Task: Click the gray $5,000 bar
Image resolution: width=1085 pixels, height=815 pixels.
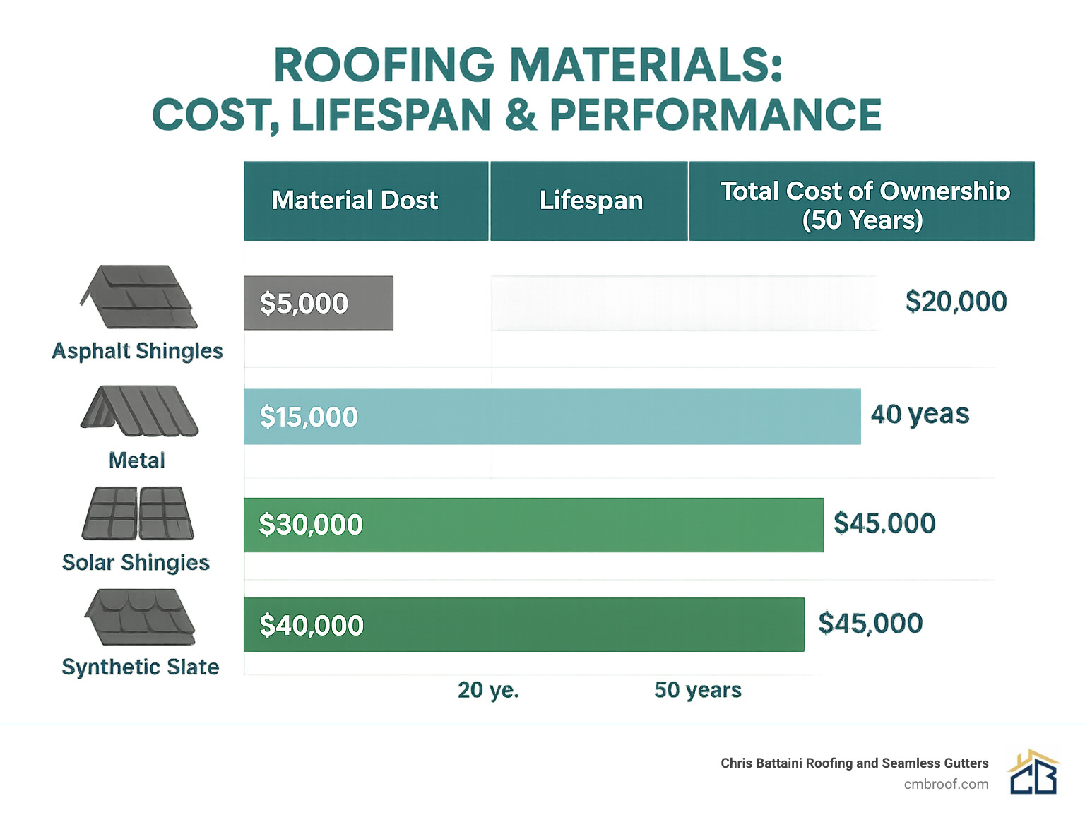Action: [318, 303]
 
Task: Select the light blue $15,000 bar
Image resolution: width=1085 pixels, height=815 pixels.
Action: [552, 417]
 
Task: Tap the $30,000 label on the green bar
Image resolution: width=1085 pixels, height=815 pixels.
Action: [311, 525]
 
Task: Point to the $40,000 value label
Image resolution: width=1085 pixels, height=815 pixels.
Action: [312, 626]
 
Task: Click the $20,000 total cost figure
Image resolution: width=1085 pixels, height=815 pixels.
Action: [956, 302]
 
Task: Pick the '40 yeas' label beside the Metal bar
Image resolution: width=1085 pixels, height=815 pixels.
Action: [920, 414]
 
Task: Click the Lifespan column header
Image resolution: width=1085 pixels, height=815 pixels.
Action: [591, 201]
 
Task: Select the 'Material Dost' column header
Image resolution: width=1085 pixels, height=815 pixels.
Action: [355, 201]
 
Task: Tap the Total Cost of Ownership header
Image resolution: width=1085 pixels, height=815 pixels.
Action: [864, 205]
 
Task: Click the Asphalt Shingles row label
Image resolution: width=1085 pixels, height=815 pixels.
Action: [138, 351]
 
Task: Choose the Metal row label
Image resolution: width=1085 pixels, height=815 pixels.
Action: [137, 460]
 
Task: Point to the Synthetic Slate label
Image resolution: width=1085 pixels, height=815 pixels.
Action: [141, 667]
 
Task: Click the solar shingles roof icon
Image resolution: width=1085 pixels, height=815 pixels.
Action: [138, 513]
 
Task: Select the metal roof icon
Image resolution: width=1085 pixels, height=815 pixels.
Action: [139, 411]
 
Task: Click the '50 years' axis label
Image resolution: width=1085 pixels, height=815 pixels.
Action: [698, 690]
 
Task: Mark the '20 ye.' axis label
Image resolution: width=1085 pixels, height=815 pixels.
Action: [488, 690]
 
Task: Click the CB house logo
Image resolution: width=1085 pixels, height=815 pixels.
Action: [1033, 773]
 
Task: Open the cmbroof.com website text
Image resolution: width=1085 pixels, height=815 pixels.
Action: [946, 784]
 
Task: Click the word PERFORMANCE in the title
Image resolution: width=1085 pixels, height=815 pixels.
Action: [716, 115]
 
